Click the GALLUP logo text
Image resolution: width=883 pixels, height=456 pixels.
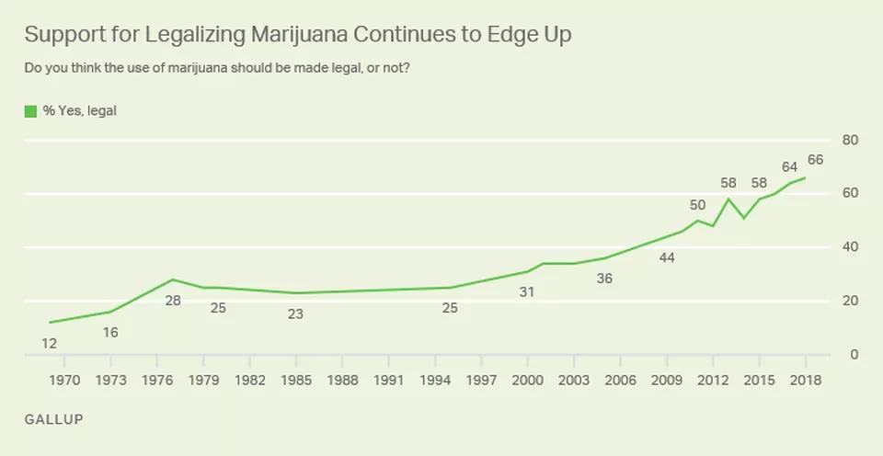pos(53,419)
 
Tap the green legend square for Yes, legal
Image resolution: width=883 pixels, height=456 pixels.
pos(30,111)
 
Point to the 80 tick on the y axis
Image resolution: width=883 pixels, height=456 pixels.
pos(851,141)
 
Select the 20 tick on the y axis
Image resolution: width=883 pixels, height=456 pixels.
pos(851,302)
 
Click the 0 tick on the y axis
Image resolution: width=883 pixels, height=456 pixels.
pos(854,355)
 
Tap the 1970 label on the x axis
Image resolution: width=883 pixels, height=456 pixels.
pos(64,380)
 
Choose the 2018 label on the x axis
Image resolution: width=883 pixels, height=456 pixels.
pos(805,380)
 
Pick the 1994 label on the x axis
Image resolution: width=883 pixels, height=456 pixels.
pos(435,380)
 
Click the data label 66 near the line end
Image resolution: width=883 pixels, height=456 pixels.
pos(815,160)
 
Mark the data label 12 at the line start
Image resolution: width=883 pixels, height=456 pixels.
pos(50,344)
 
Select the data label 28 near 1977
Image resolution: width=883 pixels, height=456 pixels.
pos(172,301)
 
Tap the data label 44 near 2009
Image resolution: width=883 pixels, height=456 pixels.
pos(667,258)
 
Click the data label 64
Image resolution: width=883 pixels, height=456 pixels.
pos(789,166)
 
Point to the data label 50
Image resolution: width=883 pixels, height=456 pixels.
pos(698,205)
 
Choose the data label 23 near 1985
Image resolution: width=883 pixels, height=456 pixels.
pos(295,314)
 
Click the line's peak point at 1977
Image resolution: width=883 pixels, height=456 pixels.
pos(173,279)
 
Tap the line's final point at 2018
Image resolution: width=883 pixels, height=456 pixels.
pos(806,177)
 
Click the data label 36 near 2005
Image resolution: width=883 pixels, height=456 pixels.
pos(604,279)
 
